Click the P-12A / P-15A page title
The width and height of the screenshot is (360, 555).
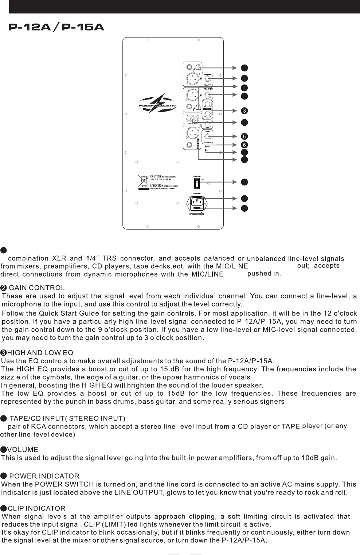tap(56, 28)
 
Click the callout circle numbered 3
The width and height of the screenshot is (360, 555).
tap(245, 111)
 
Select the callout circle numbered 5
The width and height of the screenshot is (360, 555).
tap(245, 136)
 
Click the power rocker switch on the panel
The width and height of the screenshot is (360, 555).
tap(197, 182)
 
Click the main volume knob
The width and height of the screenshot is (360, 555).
tap(207, 137)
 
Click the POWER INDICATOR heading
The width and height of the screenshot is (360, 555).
tap(44, 476)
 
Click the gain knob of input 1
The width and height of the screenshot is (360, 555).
tap(207, 79)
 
